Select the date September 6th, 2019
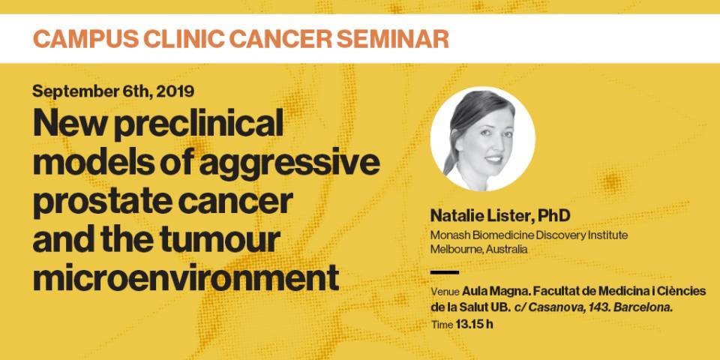click(x=113, y=94)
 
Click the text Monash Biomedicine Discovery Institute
click(x=529, y=235)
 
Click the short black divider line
click(x=445, y=271)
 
